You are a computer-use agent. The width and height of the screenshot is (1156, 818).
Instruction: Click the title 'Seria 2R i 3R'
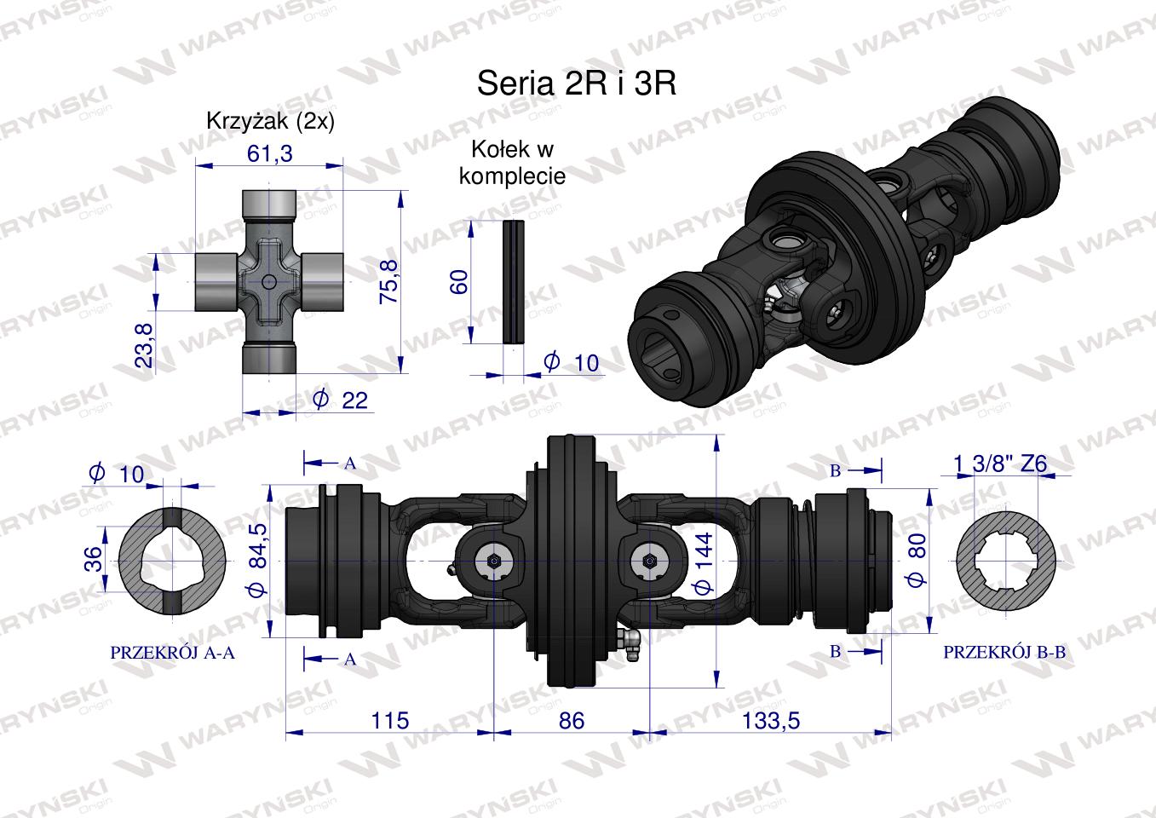577,84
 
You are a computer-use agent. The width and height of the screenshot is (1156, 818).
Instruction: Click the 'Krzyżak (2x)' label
270,121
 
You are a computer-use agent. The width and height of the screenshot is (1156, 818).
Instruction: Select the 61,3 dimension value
269,153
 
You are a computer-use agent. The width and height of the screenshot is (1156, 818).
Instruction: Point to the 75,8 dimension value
389,282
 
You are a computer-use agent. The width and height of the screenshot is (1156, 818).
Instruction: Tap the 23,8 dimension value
144,345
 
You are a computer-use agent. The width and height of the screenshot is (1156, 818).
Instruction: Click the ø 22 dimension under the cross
341,400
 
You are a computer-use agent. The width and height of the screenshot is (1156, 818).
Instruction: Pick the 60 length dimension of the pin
459,282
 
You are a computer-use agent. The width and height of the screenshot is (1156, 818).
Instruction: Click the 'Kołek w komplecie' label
513,163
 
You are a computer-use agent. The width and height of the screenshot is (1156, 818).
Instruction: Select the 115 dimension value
390,721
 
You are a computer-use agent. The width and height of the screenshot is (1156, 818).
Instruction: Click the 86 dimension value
572,721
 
